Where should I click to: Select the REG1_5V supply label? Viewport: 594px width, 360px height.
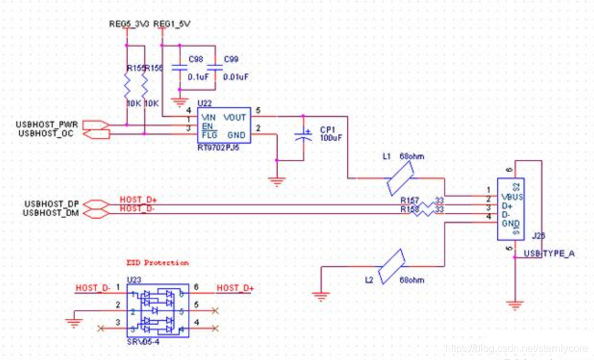tap(172, 24)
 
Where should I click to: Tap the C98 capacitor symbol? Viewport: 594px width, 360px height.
tap(181, 67)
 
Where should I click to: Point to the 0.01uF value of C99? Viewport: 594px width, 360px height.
tap(236, 76)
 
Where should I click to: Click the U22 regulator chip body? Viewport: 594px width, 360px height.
tap(223, 126)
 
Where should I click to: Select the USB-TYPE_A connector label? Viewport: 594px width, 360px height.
tap(549, 253)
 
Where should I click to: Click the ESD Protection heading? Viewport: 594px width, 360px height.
tap(157, 262)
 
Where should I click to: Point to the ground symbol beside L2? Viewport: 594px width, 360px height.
tap(319, 296)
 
